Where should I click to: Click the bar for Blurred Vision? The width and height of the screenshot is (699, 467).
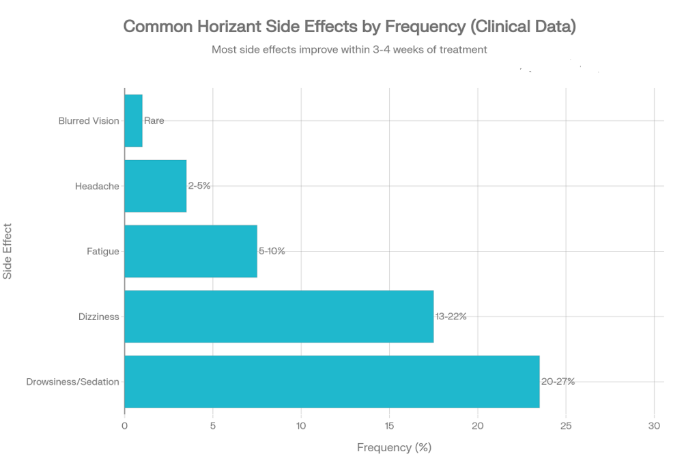(x=134, y=120)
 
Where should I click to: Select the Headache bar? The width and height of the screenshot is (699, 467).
(x=156, y=186)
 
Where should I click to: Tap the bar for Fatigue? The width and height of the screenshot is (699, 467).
(x=191, y=251)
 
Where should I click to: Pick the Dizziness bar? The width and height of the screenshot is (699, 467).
(x=279, y=317)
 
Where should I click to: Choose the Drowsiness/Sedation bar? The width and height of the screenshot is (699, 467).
(x=332, y=382)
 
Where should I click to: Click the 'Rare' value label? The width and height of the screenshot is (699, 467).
(x=154, y=120)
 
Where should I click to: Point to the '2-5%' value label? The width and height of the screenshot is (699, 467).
(x=199, y=186)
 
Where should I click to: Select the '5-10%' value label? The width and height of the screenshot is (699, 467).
(x=272, y=251)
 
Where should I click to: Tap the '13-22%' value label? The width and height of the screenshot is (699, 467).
(x=451, y=317)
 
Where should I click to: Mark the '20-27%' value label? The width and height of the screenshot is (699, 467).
(x=558, y=382)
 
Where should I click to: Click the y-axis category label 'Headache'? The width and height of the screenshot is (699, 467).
(x=97, y=186)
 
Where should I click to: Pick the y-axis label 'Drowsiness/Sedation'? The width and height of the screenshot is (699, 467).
(x=72, y=382)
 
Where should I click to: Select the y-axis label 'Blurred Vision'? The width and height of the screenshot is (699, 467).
(x=89, y=120)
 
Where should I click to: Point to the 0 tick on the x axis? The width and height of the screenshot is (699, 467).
(x=124, y=426)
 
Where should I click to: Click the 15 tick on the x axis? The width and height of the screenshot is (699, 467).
(x=389, y=426)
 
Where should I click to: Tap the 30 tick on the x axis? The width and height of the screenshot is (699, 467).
(x=654, y=426)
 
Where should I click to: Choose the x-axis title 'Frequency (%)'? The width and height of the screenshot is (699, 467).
(x=394, y=448)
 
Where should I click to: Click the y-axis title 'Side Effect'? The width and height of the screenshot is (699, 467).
(x=8, y=251)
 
